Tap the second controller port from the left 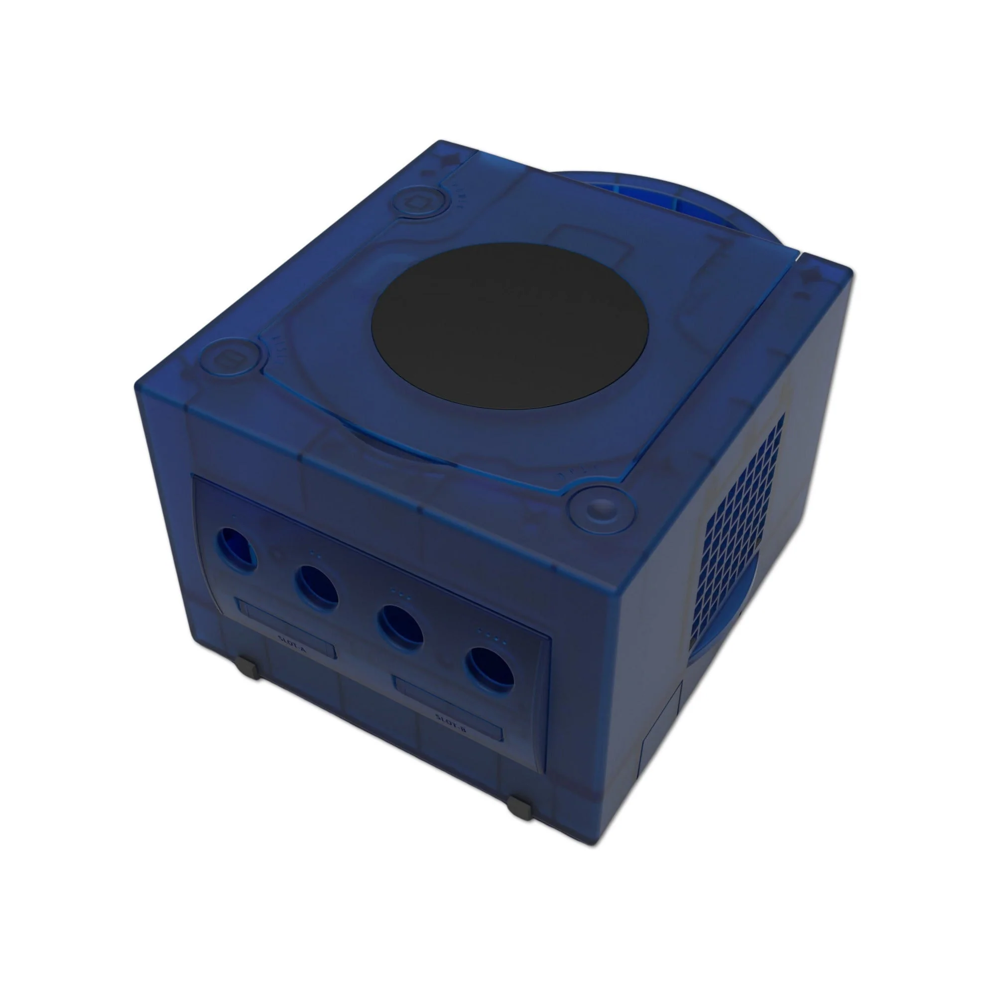click(x=317, y=585)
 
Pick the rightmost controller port click(x=490, y=669)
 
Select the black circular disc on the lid click(x=509, y=326)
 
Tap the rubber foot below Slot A click(x=249, y=669)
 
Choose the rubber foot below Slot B click(x=518, y=807)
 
